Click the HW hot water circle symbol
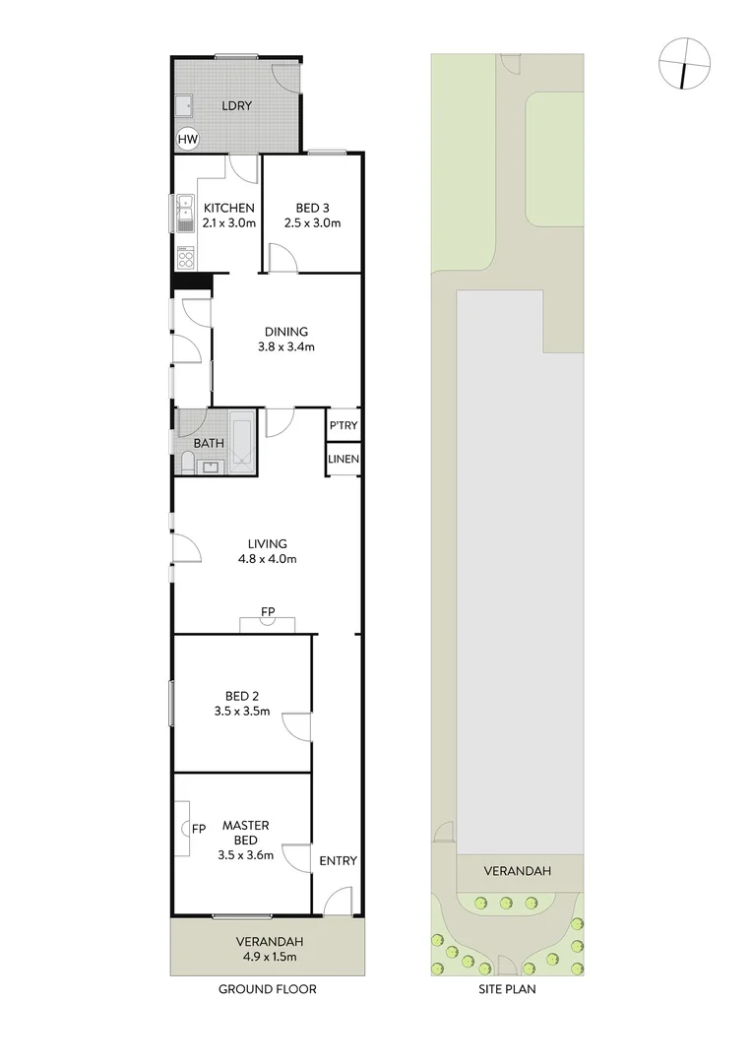click(x=187, y=140)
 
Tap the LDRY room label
click(x=237, y=106)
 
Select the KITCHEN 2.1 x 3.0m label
click(x=229, y=216)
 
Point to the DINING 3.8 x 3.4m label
click(x=285, y=339)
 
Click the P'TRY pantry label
click(x=344, y=426)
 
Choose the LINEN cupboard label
click(x=344, y=460)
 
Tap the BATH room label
click(x=208, y=443)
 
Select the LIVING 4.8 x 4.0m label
click(x=268, y=551)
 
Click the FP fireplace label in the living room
click(x=268, y=612)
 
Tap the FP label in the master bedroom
click(x=198, y=828)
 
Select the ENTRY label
click(x=338, y=861)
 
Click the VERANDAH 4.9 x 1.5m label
click(x=268, y=948)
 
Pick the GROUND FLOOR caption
click(x=268, y=989)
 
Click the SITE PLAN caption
click(x=507, y=989)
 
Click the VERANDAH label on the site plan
click(x=517, y=871)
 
